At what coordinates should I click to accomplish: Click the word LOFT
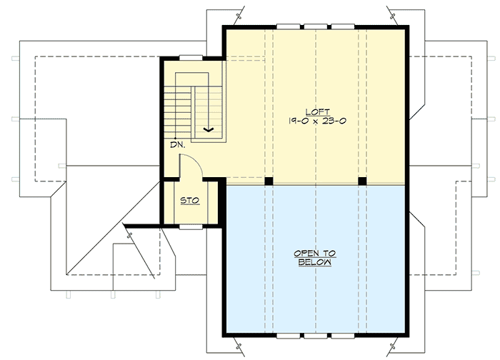click(316, 112)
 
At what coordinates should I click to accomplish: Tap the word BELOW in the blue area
click(315, 263)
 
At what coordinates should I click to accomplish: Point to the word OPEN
click(315, 254)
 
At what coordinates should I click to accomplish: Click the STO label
click(189, 201)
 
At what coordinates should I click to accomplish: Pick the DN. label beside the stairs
click(177, 145)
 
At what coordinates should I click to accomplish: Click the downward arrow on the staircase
click(209, 129)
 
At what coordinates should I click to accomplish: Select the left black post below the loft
click(269, 181)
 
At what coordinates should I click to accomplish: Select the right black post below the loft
click(362, 181)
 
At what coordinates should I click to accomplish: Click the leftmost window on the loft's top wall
click(288, 27)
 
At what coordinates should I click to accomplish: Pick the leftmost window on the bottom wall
click(288, 334)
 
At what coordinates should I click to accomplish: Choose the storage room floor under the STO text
click(189, 213)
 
